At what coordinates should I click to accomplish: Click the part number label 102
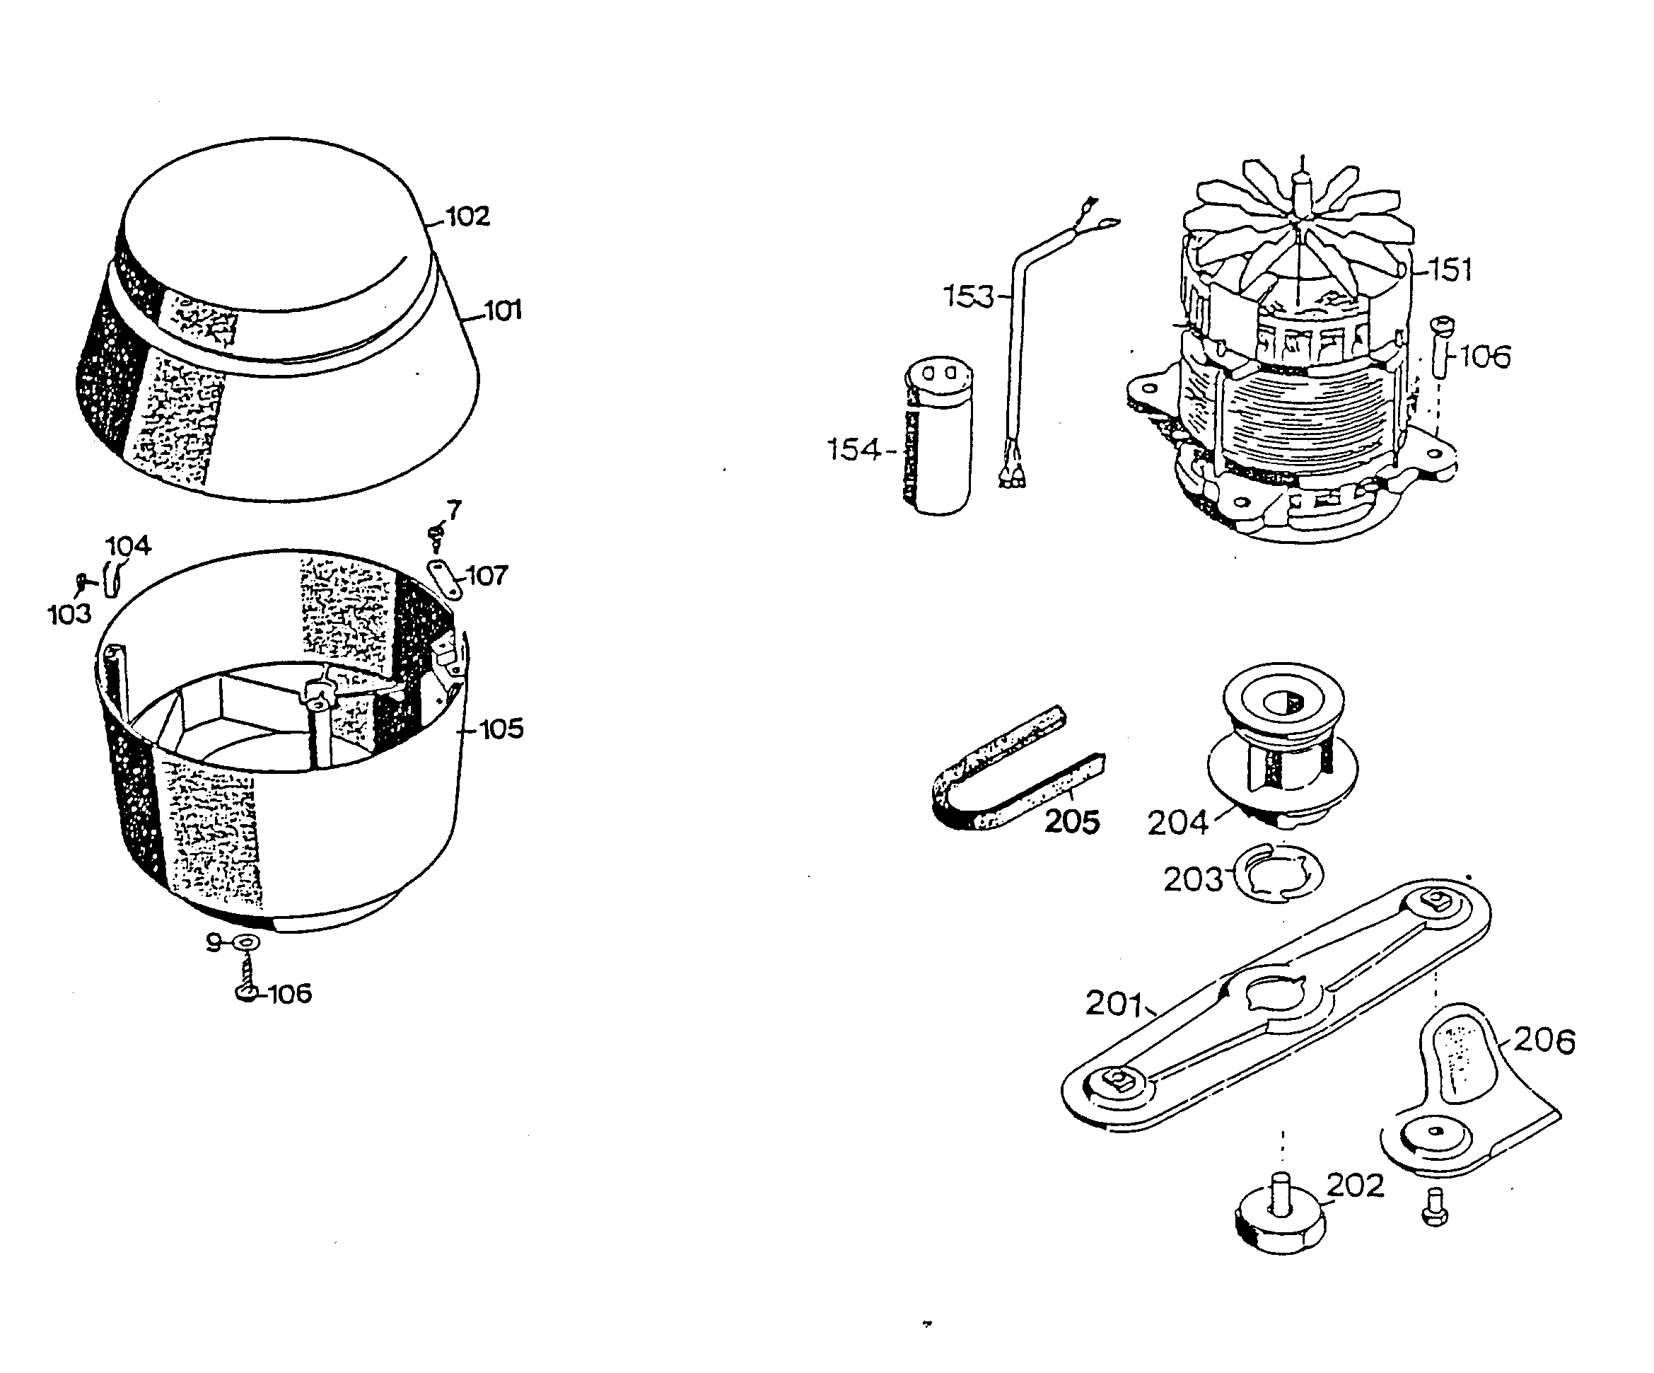click(468, 216)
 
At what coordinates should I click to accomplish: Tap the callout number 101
click(503, 311)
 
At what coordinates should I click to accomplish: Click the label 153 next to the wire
click(969, 296)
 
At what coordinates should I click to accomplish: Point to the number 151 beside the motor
click(1450, 270)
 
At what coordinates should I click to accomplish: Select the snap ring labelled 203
click(1278, 874)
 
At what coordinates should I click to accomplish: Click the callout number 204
click(1177, 823)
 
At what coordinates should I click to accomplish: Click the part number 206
click(1544, 1041)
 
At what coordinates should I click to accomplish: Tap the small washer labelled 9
click(248, 942)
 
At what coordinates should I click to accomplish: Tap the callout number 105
click(501, 729)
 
